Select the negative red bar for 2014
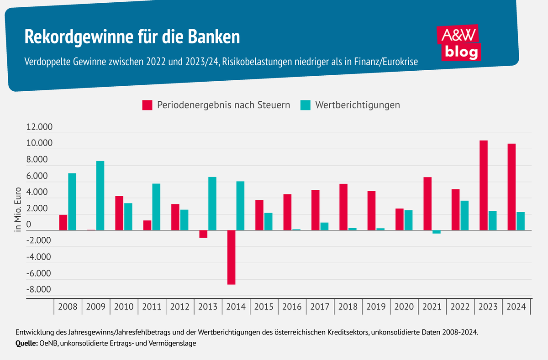point(232,257)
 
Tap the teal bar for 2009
point(100,196)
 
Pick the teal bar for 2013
point(212,203)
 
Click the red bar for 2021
point(427,203)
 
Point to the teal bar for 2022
point(464,215)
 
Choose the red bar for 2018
point(343,207)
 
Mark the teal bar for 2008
point(72,202)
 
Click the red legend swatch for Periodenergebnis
point(147,105)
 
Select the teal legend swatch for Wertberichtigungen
point(306,105)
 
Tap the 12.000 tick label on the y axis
point(40,127)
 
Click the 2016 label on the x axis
point(292,307)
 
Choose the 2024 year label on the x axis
point(516,307)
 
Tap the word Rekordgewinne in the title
point(73,37)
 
